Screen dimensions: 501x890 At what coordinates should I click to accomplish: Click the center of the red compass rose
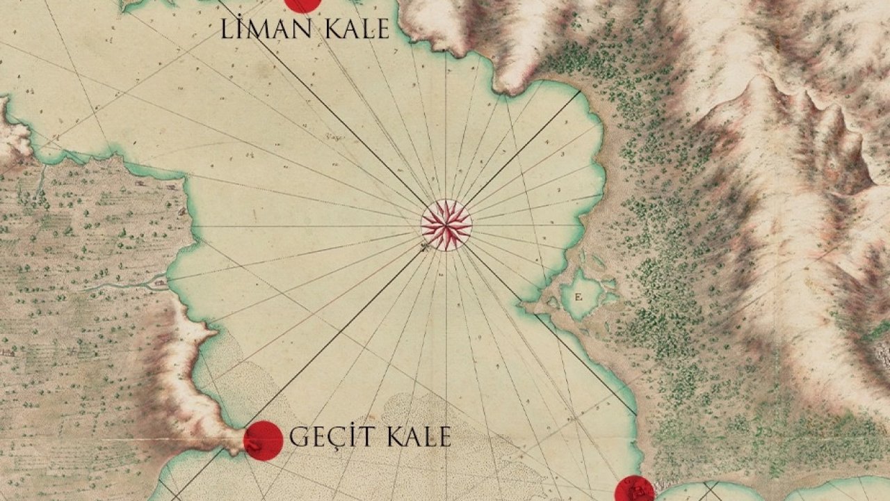pyautogui.click(x=446, y=224)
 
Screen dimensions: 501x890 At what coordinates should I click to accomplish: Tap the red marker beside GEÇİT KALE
pyautogui.click(x=264, y=440)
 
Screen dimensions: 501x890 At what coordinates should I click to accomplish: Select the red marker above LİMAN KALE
pyautogui.click(x=302, y=3)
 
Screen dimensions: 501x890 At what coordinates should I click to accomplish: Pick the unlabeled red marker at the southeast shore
pyautogui.click(x=634, y=491)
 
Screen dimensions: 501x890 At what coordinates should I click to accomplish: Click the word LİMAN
pyautogui.click(x=261, y=30)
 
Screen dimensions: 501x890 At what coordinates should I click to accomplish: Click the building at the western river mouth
pyautogui.click(x=161, y=282)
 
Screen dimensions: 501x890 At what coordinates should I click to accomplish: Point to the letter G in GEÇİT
pyautogui.click(x=298, y=438)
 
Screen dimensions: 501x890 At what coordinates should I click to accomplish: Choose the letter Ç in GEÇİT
pyautogui.click(x=332, y=438)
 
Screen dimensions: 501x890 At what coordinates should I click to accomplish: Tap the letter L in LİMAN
pyautogui.click(x=227, y=30)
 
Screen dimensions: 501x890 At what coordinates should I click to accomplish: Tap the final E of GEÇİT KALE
pyautogui.click(x=444, y=437)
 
